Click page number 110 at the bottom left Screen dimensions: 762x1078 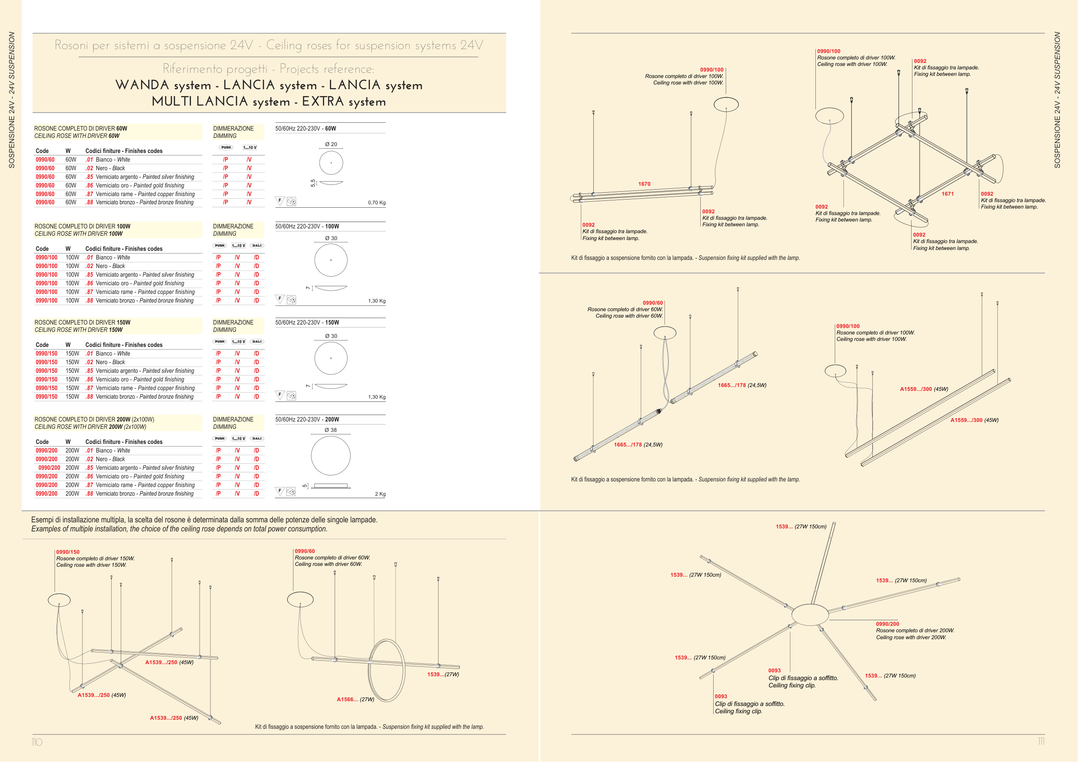(x=37, y=742)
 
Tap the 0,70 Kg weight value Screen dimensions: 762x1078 (x=376, y=203)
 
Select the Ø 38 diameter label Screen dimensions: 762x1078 (x=331, y=430)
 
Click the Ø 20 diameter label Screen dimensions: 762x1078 (x=331, y=144)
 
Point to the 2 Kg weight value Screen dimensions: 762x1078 (x=380, y=494)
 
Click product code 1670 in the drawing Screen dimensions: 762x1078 (x=644, y=184)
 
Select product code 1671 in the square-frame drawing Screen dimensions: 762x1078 (x=947, y=194)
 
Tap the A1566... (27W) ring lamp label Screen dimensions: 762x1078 (x=355, y=699)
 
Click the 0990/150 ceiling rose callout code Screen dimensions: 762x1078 (x=68, y=552)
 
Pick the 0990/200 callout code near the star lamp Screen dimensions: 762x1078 (x=887, y=624)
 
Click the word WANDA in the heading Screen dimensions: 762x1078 (x=142, y=85)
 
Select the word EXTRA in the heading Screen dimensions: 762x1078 (x=323, y=101)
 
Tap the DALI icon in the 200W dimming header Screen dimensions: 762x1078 (x=257, y=439)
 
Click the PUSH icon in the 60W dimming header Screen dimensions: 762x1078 (x=226, y=147)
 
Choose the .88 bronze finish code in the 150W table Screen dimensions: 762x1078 (x=89, y=397)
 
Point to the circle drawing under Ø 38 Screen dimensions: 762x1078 (x=331, y=456)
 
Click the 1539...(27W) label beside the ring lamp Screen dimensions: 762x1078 (x=443, y=674)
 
